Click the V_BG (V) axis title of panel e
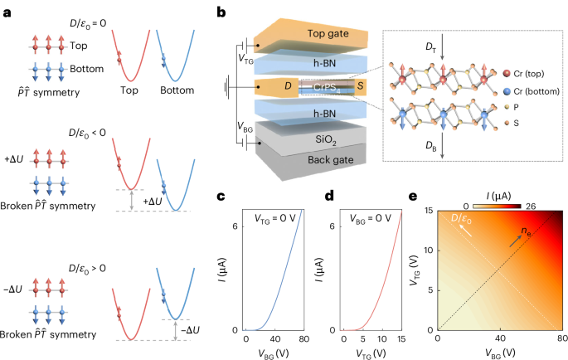point(500,352)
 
